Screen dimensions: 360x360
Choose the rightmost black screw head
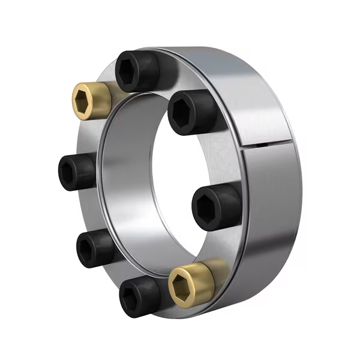pyautogui.click(x=215, y=206)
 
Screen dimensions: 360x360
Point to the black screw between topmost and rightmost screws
pyautogui.click(x=190, y=112)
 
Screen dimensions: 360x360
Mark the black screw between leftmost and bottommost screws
pyautogui.click(x=95, y=247)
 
